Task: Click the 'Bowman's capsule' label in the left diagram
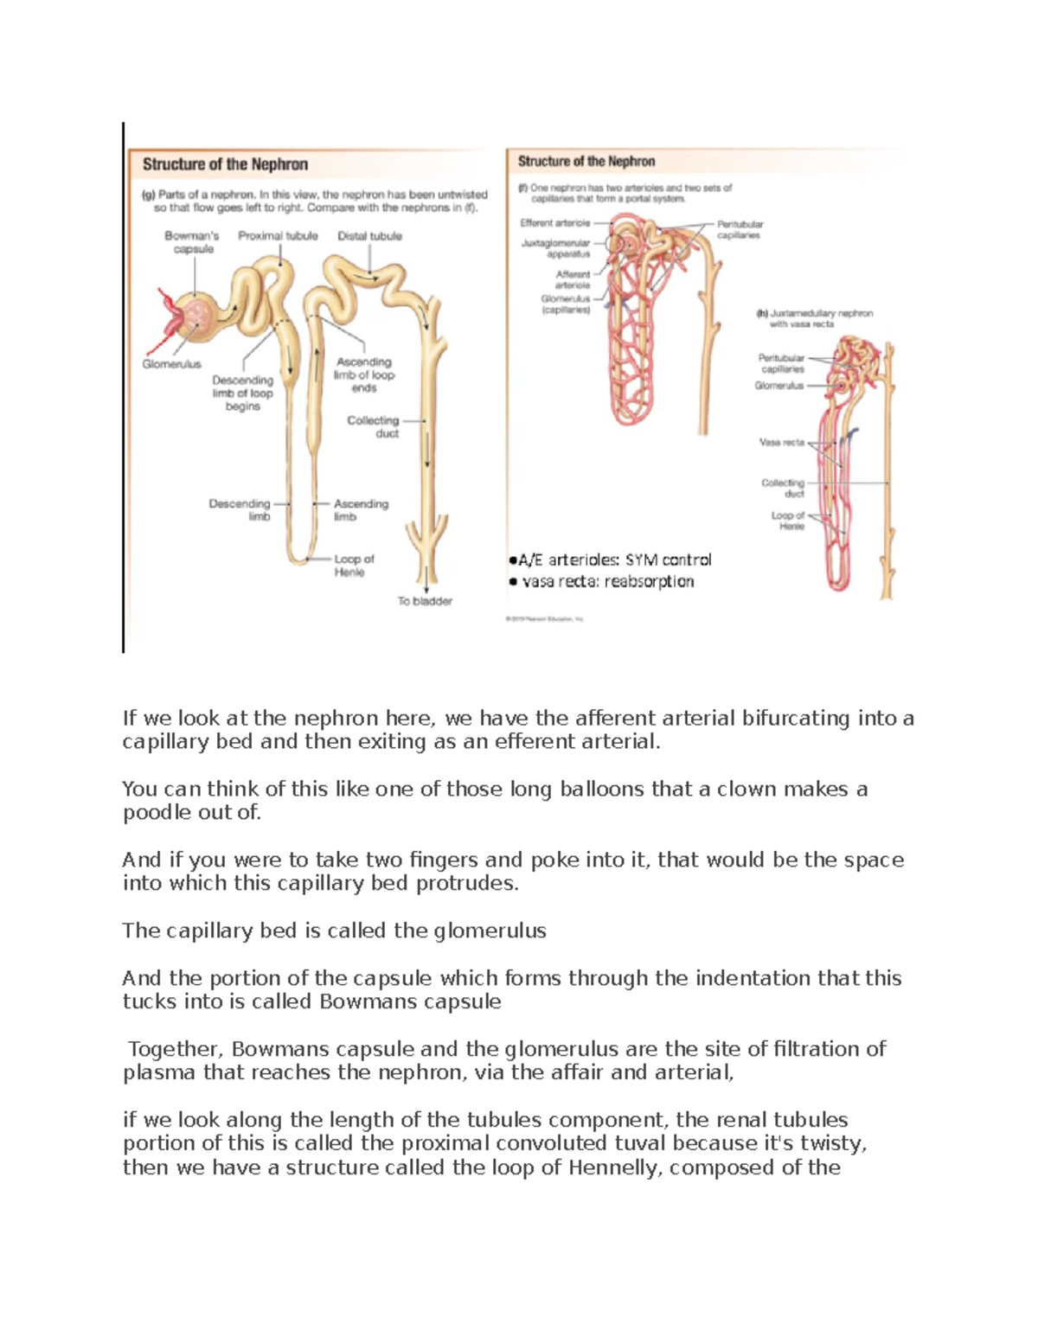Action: coord(192,242)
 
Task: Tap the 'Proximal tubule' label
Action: coord(278,236)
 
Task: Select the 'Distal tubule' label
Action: coord(369,236)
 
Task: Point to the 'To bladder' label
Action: coord(425,601)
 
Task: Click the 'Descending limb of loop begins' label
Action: coord(242,393)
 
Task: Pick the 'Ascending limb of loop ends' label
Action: coord(364,375)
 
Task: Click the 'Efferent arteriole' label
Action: coord(555,223)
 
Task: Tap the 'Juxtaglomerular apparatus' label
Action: coord(556,249)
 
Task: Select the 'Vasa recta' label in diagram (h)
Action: coord(782,442)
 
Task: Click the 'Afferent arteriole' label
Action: coord(573,279)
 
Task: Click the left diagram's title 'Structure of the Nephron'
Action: coord(225,164)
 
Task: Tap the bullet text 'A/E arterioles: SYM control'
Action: coord(614,560)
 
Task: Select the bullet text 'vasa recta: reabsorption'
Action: coord(605,581)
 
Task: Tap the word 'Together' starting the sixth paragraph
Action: coord(176,1049)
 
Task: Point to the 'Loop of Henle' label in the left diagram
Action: coord(354,566)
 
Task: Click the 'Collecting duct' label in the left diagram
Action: coord(373,427)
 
